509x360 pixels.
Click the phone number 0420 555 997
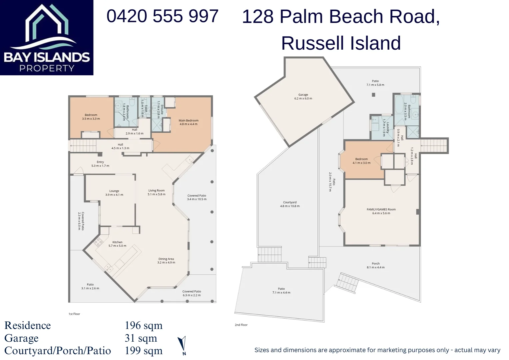tap(162, 16)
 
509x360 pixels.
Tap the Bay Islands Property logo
tap(47, 38)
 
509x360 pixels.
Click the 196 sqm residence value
tap(144, 325)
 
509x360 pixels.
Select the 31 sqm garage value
tap(141, 338)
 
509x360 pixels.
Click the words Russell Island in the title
tap(341, 43)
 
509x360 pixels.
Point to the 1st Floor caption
tap(74, 314)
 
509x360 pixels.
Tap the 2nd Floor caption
tap(241, 325)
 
